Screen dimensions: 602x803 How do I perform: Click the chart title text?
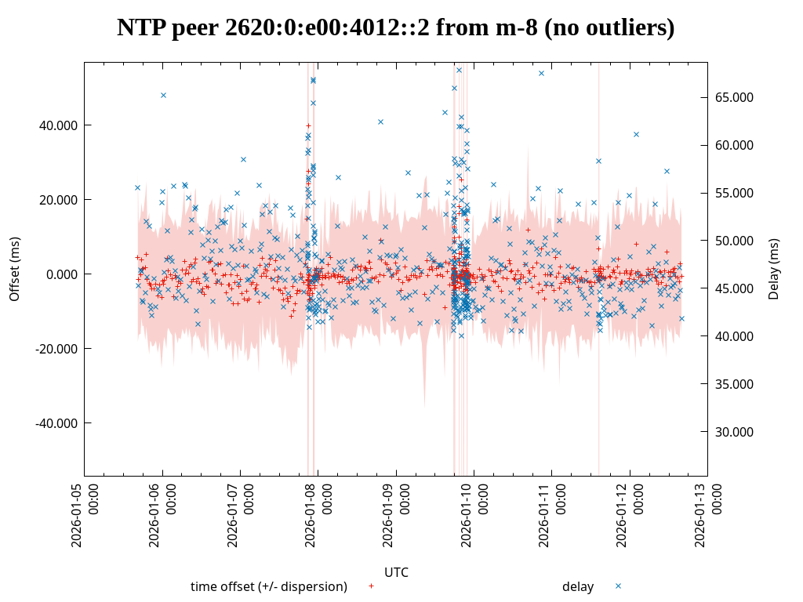[x=396, y=28]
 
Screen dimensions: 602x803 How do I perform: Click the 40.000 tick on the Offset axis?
[x=59, y=125]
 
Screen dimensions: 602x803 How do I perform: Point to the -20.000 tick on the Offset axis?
[x=57, y=349]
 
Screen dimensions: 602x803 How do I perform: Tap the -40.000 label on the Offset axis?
[x=57, y=423]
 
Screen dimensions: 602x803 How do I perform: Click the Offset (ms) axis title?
[x=15, y=269]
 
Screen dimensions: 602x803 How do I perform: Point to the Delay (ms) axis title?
[x=774, y=269]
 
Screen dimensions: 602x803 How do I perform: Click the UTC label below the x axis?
[x=396, y=573]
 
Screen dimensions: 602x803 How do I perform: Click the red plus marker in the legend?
[x=371, y=586]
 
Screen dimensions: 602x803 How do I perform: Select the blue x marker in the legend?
[x=618, y=586]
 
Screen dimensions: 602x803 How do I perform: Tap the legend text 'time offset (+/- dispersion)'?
[x=269, y=587]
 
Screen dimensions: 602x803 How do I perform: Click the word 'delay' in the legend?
[x=578, y=587]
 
